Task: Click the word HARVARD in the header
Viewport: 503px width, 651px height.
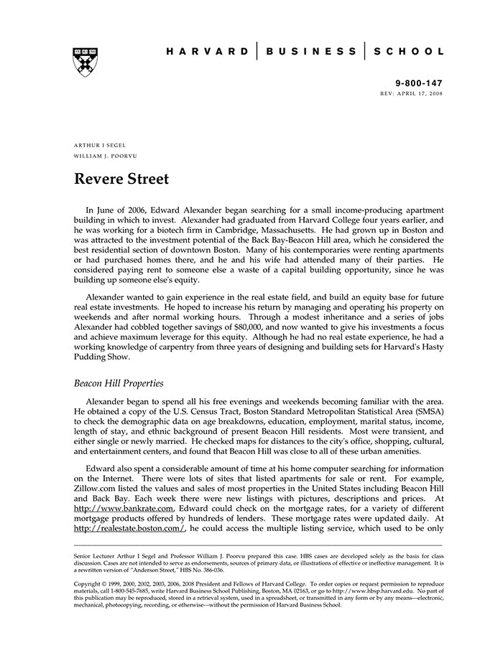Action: pos(208,52)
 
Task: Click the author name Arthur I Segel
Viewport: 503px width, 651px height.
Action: pos(100,145)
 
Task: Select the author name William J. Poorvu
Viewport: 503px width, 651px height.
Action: pos(105,156)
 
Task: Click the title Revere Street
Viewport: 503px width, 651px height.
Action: pos(121,179)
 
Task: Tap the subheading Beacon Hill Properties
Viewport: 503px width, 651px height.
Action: pos(119,383)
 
